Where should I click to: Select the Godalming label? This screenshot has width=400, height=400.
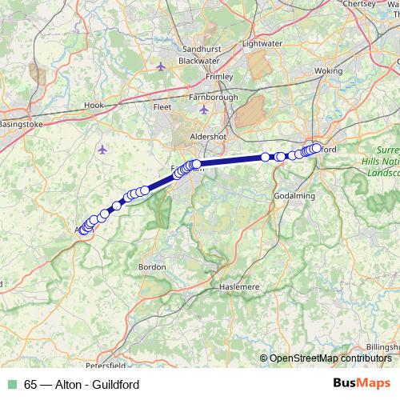pos(294,196)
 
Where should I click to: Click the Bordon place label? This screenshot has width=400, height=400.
pos(152,266)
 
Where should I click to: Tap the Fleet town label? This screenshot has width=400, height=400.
pos(162,106)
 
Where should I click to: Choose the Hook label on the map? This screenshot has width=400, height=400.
pos(94,105)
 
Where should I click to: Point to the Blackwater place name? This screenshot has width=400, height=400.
pos(199,61)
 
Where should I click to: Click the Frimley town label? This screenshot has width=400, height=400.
pos(219,76)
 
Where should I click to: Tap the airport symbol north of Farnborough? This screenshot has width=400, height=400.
pos(162,66)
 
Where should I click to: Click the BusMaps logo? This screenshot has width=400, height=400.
pos(357,383)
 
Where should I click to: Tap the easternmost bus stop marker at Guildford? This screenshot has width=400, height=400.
pos(317,147)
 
